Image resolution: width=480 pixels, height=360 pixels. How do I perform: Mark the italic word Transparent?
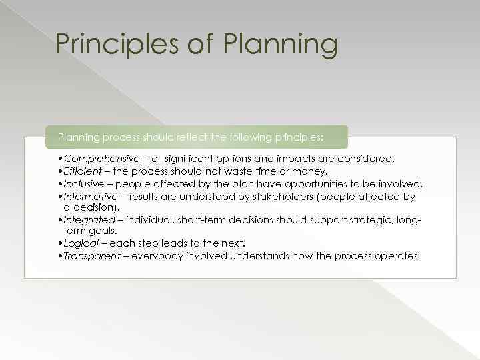(91, 256)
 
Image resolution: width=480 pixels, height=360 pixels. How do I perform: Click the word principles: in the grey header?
(297, 137)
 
